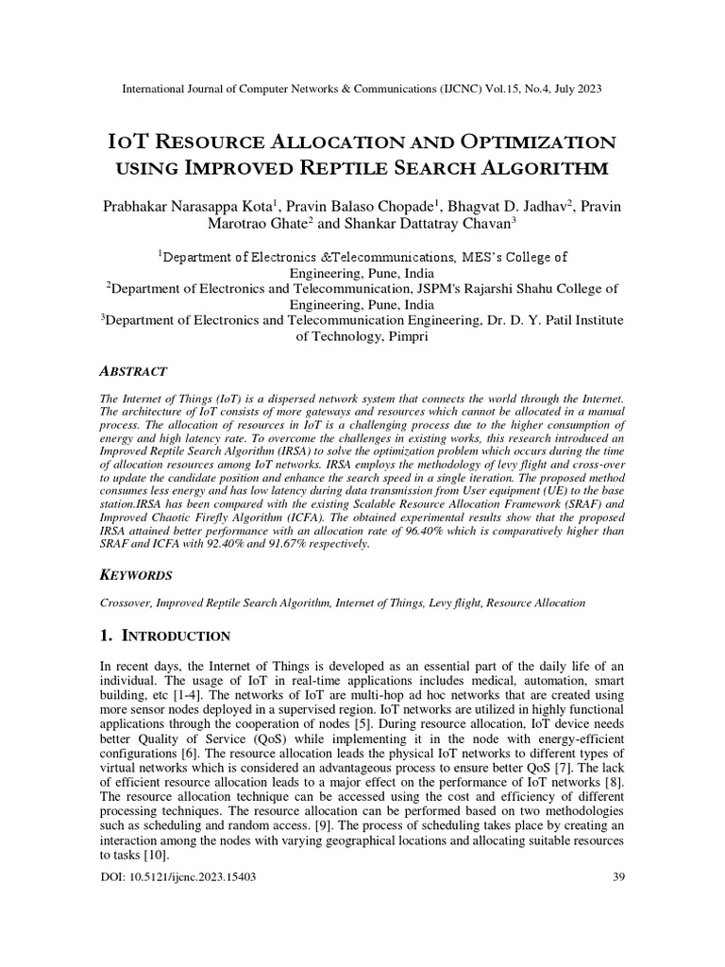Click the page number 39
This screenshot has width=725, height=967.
[x=619, y=876]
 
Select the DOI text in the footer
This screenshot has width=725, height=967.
[x=177, y=876]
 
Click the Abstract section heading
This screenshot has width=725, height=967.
[x=134, y=372]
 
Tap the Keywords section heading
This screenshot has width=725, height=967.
[x=137, y=574]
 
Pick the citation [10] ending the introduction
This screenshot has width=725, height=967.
[x=152, y=855]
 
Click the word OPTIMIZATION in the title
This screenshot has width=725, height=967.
[x=539, y=142]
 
